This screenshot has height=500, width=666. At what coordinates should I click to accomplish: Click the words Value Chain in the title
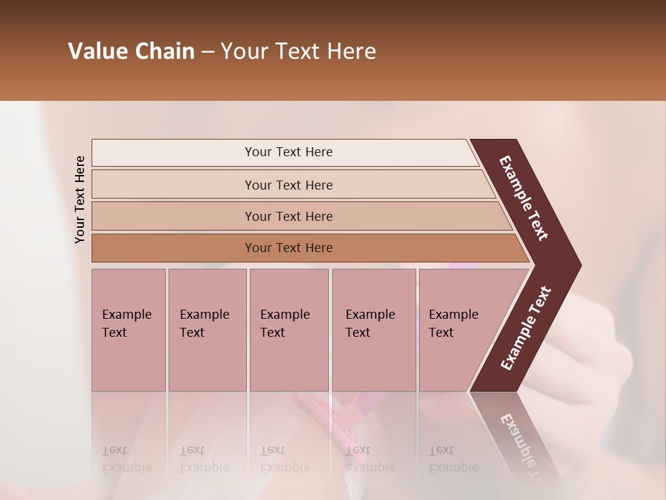click(x=131, y=51)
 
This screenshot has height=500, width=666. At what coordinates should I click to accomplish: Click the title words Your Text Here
click(x=298, y=51)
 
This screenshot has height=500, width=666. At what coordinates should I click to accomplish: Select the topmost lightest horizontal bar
click(x=288, y=152)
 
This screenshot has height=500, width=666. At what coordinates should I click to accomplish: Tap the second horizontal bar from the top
click(x=288, y=185)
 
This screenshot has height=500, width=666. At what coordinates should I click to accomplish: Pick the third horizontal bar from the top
click(x=288, y=216)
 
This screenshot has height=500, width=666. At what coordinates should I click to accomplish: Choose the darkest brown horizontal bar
click(x=288, y=248)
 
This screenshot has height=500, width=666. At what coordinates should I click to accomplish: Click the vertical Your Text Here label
click(x=80, y=199)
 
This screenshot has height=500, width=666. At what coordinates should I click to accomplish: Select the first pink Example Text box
click(x=128, y=330)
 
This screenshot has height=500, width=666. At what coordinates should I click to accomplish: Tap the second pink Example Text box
click(x=207, y=330)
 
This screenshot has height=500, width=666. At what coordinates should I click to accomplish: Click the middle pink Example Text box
click(x=289, y=330)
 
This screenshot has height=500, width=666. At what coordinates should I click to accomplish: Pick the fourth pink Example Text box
click(x=373, y=330)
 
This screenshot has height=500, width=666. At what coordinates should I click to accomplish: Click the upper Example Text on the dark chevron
click(x=524, y=198)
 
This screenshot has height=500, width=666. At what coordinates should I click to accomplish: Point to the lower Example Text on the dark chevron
click(x=526, y=328)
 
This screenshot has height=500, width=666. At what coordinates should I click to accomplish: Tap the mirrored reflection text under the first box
click(x=126, y=459)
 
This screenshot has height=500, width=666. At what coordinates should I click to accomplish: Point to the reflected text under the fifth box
click(x=453, y=459)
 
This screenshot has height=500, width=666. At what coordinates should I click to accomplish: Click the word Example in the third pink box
click(x=284, y=315)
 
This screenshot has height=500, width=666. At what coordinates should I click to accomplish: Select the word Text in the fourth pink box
click(x=358, y=333)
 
